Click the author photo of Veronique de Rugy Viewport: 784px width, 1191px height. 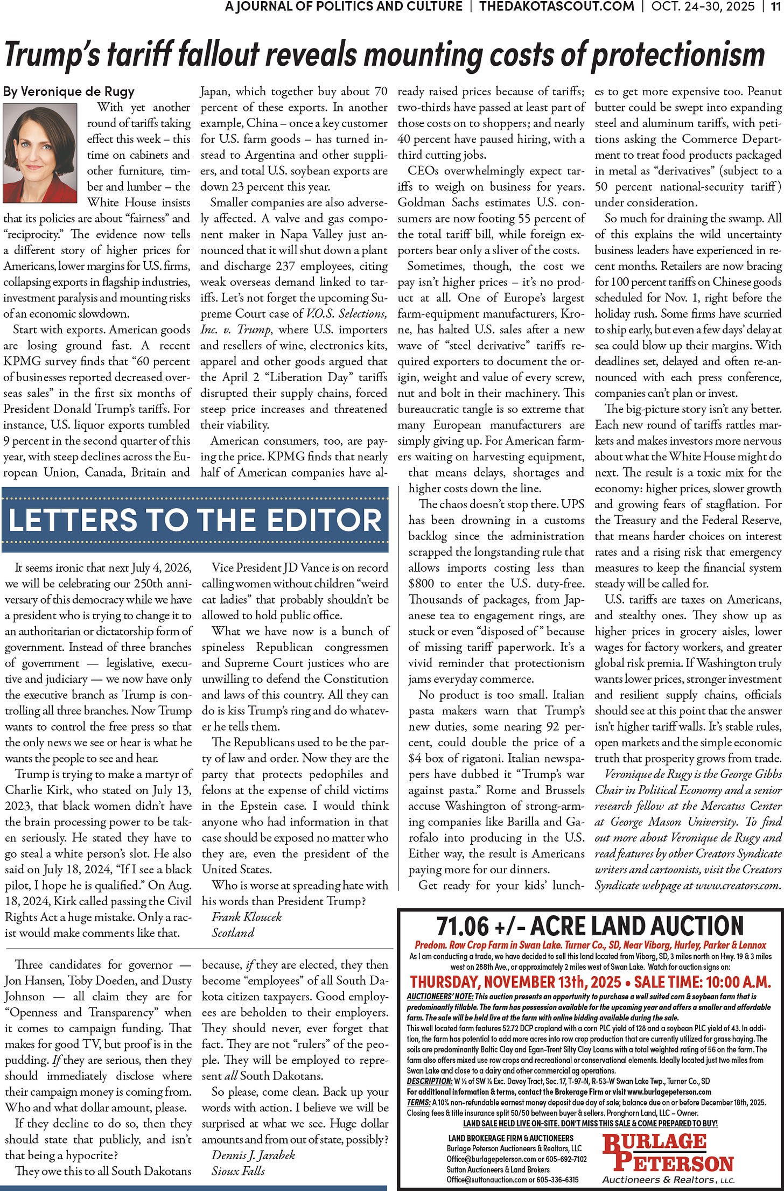40,153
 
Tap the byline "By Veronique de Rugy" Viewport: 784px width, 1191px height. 68,92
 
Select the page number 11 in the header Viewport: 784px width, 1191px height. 775,6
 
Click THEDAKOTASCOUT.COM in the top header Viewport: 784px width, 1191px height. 557,6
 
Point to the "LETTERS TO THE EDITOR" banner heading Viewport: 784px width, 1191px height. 195,520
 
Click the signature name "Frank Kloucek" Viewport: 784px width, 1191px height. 246,916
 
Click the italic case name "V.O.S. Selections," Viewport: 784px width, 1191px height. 346,314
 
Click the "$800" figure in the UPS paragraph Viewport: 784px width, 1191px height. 419,584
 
